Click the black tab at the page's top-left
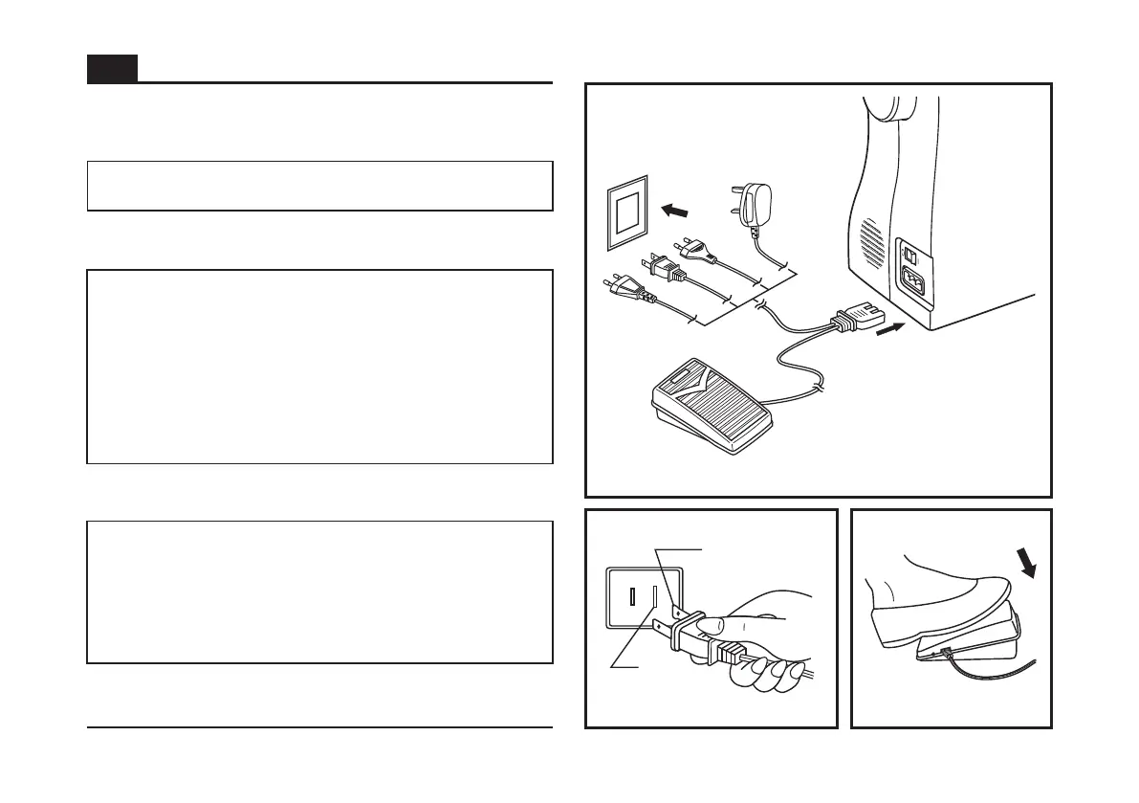[112, 69]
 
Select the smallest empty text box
[319, 186]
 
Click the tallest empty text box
[319, 367]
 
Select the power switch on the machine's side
[911, 257]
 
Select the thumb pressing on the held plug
[715, 627]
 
